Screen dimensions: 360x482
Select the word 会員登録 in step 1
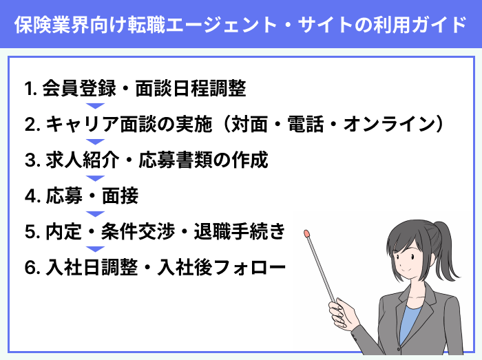[72, 88]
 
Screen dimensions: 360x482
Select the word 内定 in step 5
[59, 232]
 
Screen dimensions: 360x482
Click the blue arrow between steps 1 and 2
[95, 106]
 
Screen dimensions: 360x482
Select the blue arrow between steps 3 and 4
[95, 178]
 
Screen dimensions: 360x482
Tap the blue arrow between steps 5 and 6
[95, 250]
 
